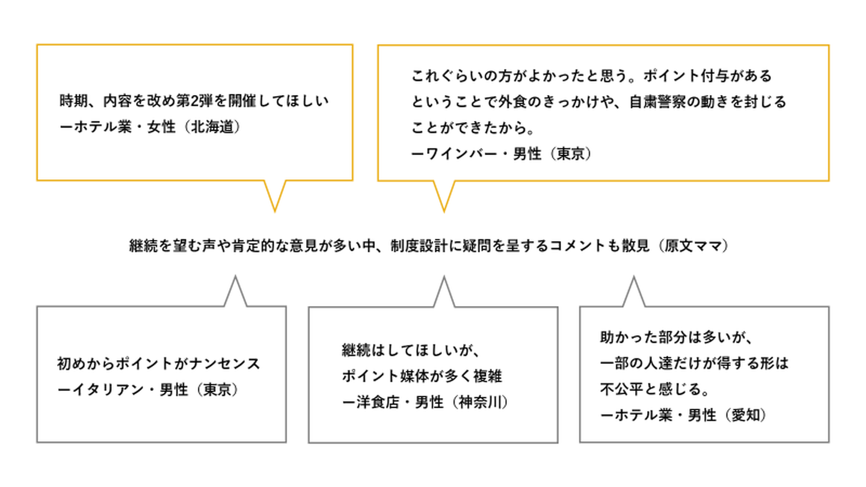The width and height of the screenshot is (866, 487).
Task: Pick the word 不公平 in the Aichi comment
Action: [x=619, y=389]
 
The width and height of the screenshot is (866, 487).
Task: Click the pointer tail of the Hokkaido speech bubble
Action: [x=275, y=195]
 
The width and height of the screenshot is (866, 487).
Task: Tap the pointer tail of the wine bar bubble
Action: [x=444, y=195]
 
